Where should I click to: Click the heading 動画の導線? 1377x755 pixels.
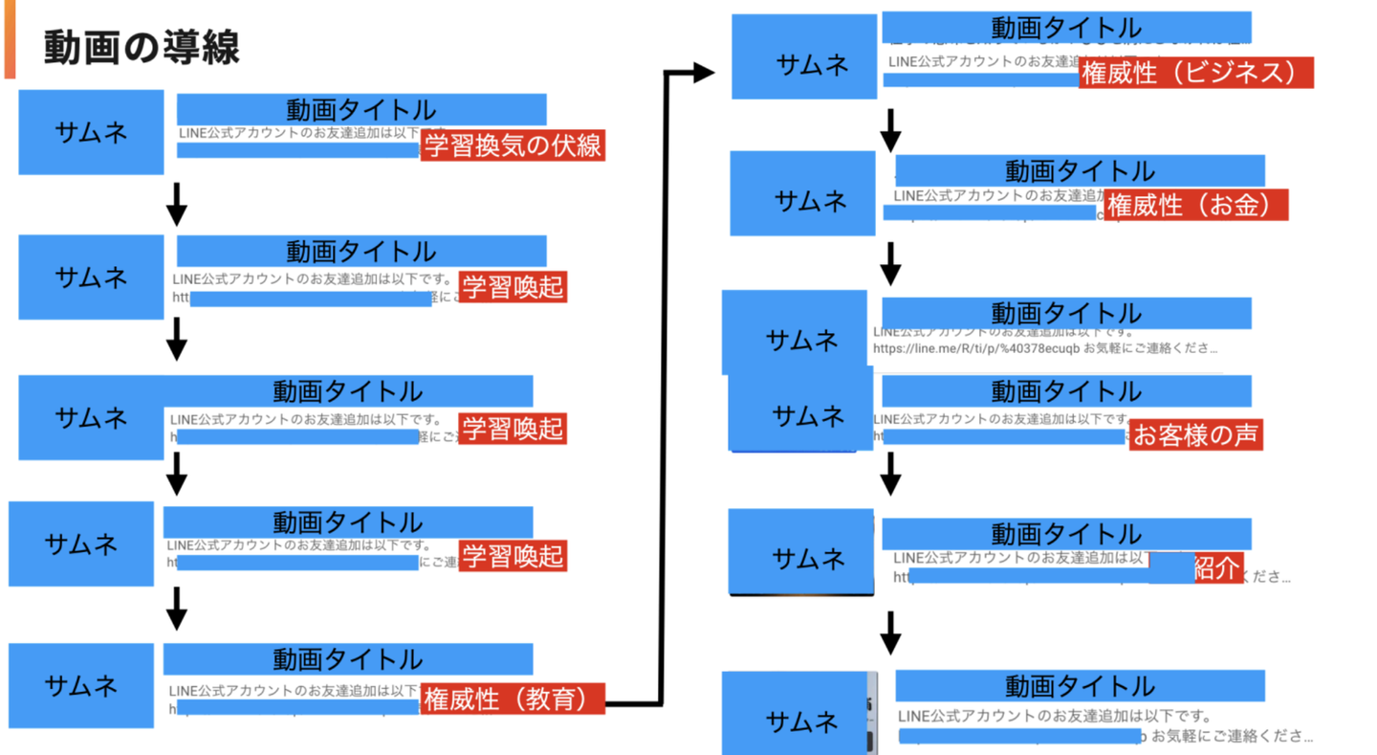142,46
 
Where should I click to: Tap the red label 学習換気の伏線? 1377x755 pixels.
513,145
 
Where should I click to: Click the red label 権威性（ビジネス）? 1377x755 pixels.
1195,73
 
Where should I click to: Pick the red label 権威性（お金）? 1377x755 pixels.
1195,205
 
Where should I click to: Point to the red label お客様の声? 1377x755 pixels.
1195,434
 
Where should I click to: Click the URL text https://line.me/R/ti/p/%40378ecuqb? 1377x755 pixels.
976,348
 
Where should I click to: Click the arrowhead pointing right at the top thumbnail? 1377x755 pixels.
703,73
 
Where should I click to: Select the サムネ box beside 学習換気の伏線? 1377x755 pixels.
91,132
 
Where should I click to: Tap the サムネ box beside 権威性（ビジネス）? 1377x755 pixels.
804,57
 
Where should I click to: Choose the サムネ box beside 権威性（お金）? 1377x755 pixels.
802,193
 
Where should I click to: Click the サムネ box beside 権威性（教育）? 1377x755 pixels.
81,685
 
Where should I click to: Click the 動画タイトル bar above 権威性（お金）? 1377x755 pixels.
1080,171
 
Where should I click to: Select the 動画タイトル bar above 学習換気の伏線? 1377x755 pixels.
361,109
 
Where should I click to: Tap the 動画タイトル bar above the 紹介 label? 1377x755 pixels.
1066,533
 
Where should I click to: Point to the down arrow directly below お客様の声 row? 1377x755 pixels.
890,475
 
